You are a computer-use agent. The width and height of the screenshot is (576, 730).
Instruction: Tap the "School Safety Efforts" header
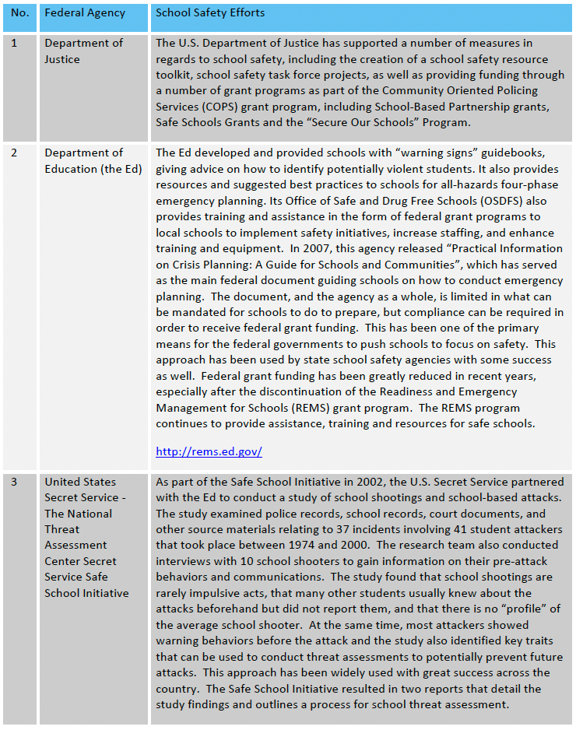coord(210,13)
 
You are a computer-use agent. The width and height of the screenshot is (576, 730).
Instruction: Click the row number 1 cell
coord(15,43)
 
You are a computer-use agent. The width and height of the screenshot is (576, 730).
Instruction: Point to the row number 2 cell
coord(15,153)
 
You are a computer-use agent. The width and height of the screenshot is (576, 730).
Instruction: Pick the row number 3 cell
coord(15,483)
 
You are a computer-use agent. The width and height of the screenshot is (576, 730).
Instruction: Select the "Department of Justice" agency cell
coord(83,51)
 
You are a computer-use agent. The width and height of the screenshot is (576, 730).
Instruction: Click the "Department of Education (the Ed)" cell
coord(93,160)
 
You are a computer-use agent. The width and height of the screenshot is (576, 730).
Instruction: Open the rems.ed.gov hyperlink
coord(209,451)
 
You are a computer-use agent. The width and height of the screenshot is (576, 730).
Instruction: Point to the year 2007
coord(307,248)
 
